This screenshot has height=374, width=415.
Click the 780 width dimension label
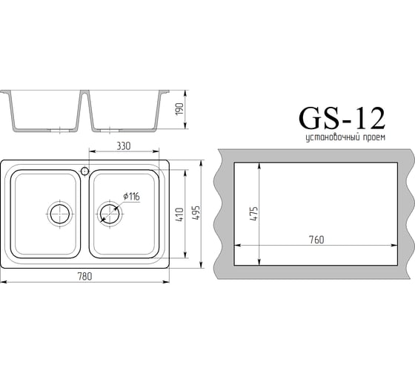pyautogui.click(x=84, y=277)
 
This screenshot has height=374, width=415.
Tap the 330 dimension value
pyautogui.click(x=124, y=146)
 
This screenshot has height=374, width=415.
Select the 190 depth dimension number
pyautogui.click(x=179, y=108)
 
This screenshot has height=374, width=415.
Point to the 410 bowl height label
pyautogui.click(x=179, y=214)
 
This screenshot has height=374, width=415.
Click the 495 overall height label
pyautogui.click(x=196, y=212)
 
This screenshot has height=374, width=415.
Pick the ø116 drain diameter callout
pyautogui.click(x=131, y=197)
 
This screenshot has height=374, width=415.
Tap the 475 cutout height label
pyautogui.click(x=253, y=214)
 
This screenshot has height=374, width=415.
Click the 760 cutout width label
pyautogui.click(x=316, y=240)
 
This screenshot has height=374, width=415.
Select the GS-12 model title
pyautogui.click(x=342, y=118)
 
